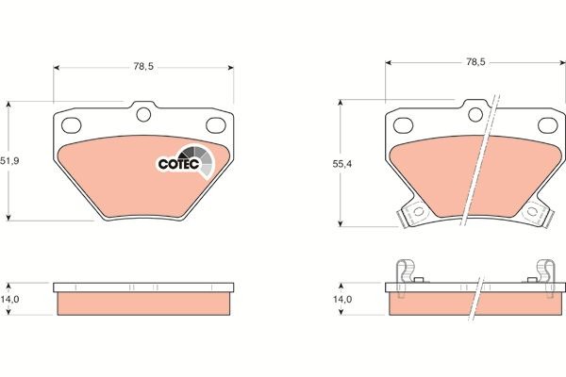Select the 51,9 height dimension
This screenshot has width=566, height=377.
tap(10, 160)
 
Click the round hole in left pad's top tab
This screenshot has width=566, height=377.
tap(144, 115)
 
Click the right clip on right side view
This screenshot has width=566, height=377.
tap(544, 272)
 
